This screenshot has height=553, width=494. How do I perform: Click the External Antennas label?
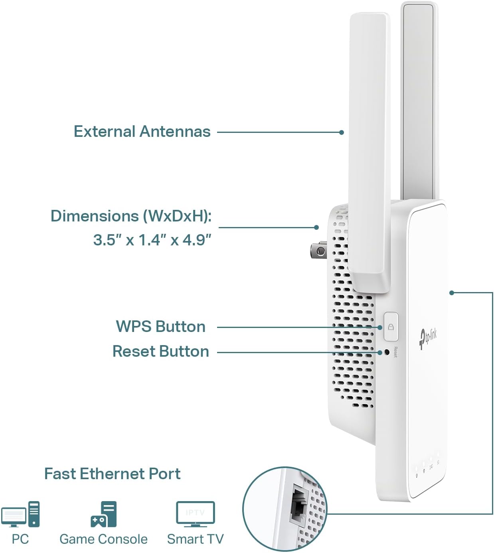tap(142, 132)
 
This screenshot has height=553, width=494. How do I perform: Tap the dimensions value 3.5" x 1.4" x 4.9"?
tap(152, 240)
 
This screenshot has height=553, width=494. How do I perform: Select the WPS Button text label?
tap(160, 327)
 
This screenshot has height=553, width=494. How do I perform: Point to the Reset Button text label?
tap(160, 352)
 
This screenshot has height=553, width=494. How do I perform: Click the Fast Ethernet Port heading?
tap(112, 474)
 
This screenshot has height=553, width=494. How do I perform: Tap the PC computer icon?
tap(21, 514)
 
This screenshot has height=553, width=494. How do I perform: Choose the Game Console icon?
tap(104, 514)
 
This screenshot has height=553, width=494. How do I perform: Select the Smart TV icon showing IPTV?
tap(196, 514)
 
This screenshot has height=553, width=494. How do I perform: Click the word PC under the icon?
tap(20, 539)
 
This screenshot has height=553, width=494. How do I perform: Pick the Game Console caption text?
tap(103, 539)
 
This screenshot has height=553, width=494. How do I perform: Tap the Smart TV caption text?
tap(195, 539)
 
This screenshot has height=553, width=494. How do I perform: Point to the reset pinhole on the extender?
tap(386, 352)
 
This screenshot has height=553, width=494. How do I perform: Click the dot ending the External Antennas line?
tap(342, 132)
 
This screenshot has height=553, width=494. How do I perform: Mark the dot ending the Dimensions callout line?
tap(316, 227)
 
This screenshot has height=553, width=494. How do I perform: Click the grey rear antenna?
tap(418, 100)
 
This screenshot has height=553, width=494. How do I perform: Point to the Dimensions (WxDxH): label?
tap(131, 216)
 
